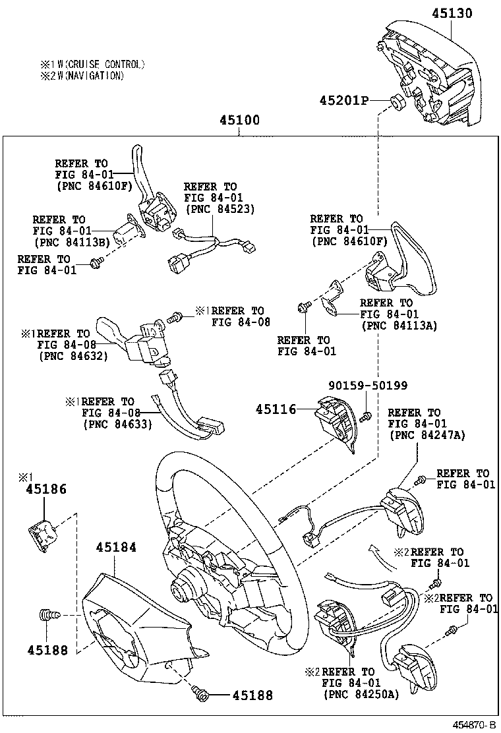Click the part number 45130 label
tap(452, 13)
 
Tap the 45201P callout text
tap(343, 100)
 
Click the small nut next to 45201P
tap(397, 102)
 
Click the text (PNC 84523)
tap(220, 209)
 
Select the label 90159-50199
tap(368, 386)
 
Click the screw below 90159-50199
tap(368, 415)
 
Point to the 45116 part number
tap(276, 409)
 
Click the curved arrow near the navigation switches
tap(374, 549)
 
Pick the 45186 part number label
tap(46, 490)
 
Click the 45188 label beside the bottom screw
tap(252, 695)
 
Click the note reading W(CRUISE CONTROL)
tap(92, 65)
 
